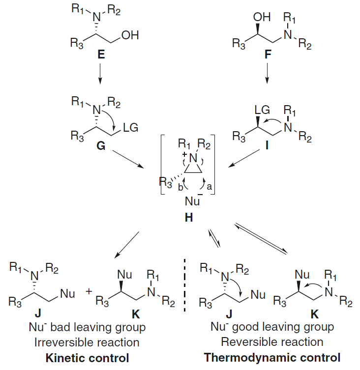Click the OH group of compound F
click(262, 17)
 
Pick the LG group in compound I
click(261, 109)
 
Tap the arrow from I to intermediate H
click(243, 162)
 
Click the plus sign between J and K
click(89, 291)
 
